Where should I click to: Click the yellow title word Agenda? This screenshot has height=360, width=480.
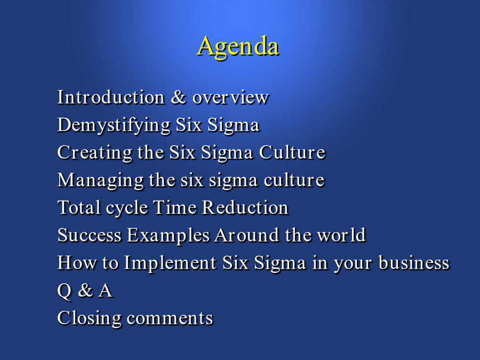coord(238,46)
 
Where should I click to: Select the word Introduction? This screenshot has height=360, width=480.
coord(111,98)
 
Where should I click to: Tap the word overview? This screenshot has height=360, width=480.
coord(230,98)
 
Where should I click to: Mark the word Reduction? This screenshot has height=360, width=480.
coord(245,207)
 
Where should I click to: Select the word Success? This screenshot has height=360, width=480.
coord(90,235)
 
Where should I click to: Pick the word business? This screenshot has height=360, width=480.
coord(414,262)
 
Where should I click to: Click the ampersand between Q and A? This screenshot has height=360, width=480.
coord(85,290)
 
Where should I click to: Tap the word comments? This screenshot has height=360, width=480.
coord(170,318)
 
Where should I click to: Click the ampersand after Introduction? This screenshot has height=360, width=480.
coord(179,98)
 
